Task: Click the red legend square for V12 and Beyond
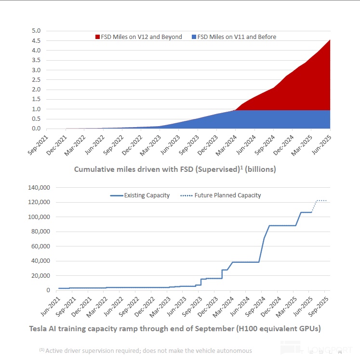pyautogui.click(x=97, y=37)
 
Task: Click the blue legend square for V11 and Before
pyautogui.click(x=194, y=37)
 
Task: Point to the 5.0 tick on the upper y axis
pyautogui.click(x=37, y=31)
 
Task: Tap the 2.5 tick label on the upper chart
pyautogui.click(x=37, y=80)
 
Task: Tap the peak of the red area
pyautogui.click(x=330, y=40)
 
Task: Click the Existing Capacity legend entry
pyautogui.click(x=140, y=195)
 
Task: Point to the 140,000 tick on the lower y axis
pyautogui.click(x=40, y=187)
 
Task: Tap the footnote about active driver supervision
pyautogui.click(x=146, y=350)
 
